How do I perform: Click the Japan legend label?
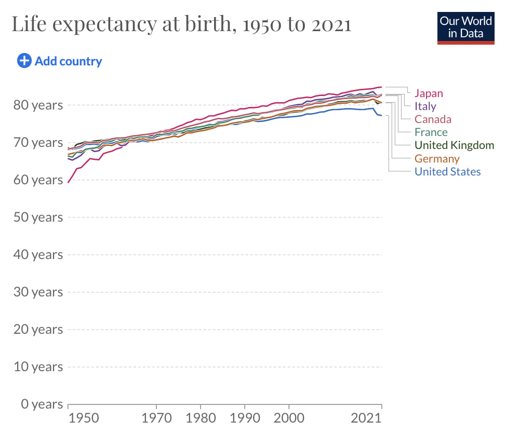point(429,93)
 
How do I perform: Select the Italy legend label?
point(425,106)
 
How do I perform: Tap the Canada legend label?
point(433,119)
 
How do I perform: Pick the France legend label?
point(431,132)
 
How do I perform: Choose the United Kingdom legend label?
point(454,145)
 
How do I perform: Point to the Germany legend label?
point(437,159)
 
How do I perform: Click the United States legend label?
point(447,172)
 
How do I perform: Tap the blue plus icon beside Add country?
point(24,61)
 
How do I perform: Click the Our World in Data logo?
point(465,28)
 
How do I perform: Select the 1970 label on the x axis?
point(156,418)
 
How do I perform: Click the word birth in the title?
point(204,24)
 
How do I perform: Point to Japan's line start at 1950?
point(68,182)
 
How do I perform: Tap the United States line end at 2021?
point(382,115)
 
